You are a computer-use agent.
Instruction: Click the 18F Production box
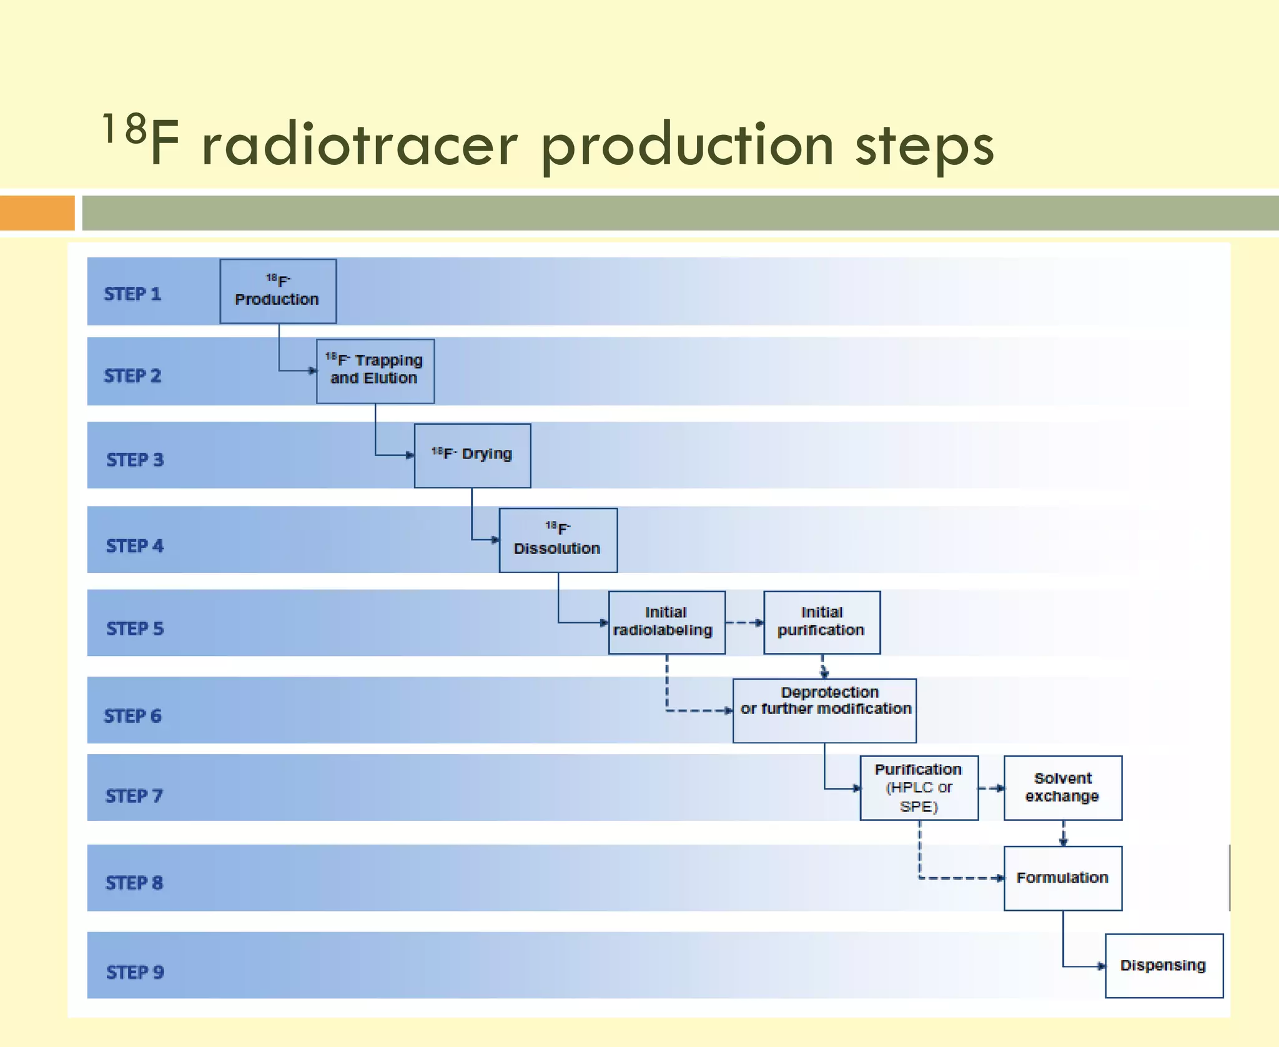278,291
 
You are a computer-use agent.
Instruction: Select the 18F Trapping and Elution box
375,371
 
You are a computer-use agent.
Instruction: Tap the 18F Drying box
472,455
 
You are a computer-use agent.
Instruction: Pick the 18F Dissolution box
558,540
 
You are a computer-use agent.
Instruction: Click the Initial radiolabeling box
666,622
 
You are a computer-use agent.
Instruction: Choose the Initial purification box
822,622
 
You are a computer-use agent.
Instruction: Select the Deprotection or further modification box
824,710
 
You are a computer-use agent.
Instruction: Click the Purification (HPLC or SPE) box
919,788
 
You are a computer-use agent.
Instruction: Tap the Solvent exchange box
1062,788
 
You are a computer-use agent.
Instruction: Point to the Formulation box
1062,878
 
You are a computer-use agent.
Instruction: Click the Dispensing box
1163,965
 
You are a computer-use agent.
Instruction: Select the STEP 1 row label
132,294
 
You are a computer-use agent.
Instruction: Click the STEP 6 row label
132,715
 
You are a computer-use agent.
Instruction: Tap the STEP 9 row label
135,972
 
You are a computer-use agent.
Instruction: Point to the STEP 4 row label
135,545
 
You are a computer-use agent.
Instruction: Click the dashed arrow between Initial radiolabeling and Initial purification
744,622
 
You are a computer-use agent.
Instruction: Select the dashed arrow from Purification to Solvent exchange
991,788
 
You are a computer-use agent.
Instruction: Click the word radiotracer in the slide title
359,145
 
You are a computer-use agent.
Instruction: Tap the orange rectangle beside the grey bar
37,212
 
